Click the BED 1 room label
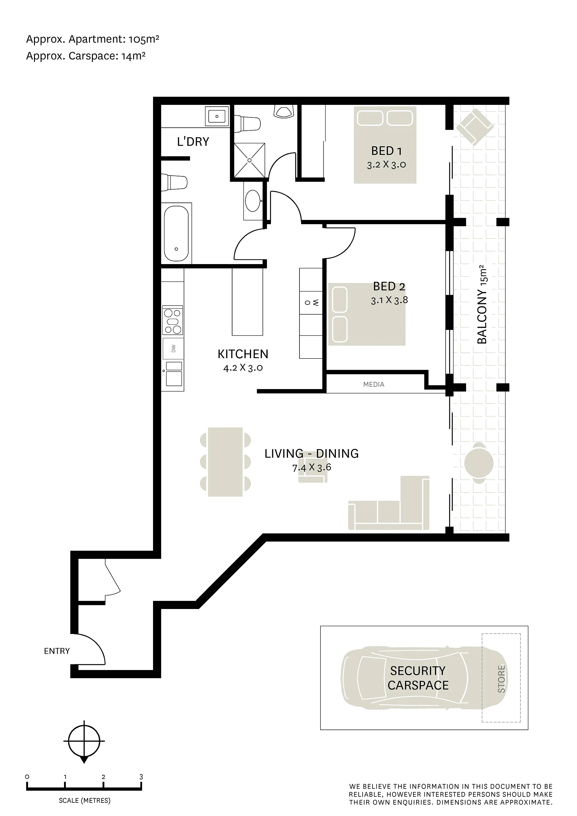tap(386, 151)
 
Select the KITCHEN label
tap(243, 354)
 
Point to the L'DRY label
tap(193, 142)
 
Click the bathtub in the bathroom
tap(176, 233)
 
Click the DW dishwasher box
tap(173, 348)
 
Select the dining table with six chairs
tap(225, 462)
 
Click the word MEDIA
tap(373, 384)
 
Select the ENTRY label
tap(57, 651)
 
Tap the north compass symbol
tap(84, 741)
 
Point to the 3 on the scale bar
tap(141, 777)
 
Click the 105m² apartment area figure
tap(144, 39)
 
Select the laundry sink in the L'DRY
tap(217, 116)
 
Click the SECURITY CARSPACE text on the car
tap(418, 678)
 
